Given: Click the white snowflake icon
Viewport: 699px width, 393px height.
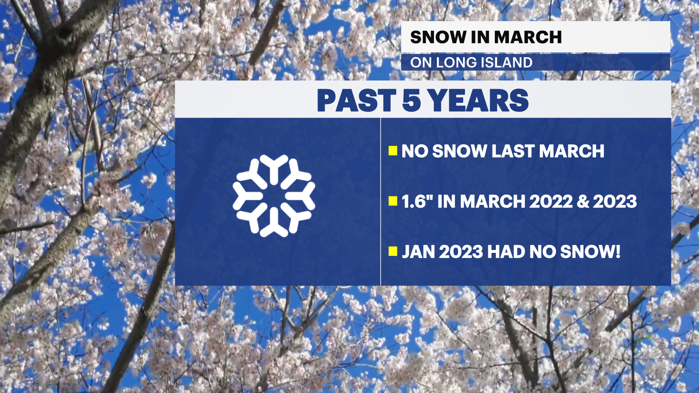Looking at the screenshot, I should point(274,196).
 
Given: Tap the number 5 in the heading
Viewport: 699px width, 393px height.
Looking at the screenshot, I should point(411,100).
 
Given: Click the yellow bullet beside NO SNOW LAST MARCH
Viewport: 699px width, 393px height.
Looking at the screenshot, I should point(393,151).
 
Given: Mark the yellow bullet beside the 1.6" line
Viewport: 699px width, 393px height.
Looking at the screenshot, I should point(393,201).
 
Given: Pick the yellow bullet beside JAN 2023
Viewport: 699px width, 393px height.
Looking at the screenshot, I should point(393,251).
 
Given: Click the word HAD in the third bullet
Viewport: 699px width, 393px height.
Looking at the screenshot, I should point(506,252).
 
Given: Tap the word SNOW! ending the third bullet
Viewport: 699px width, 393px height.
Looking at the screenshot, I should point(590,252).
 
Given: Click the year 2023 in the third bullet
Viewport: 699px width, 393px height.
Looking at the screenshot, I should point(461,252).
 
